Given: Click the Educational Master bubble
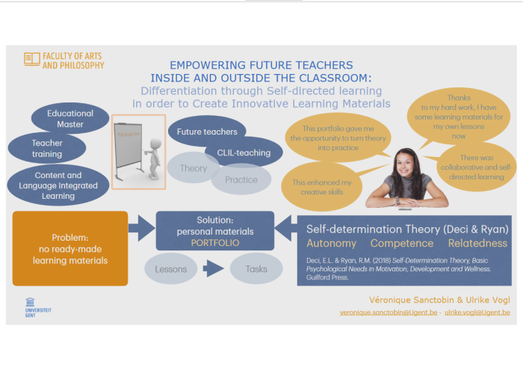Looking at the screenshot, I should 70,119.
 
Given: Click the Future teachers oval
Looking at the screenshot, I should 207,132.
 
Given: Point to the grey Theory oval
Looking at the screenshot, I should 194,168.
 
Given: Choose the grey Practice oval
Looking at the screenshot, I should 241,179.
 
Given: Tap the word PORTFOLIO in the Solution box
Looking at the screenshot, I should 214,243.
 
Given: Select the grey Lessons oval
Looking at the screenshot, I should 171,269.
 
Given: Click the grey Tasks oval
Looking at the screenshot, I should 256,269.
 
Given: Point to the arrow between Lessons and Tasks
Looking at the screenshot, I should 214,269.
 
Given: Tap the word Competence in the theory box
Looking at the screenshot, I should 402,244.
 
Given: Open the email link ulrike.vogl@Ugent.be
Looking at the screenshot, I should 477,312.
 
